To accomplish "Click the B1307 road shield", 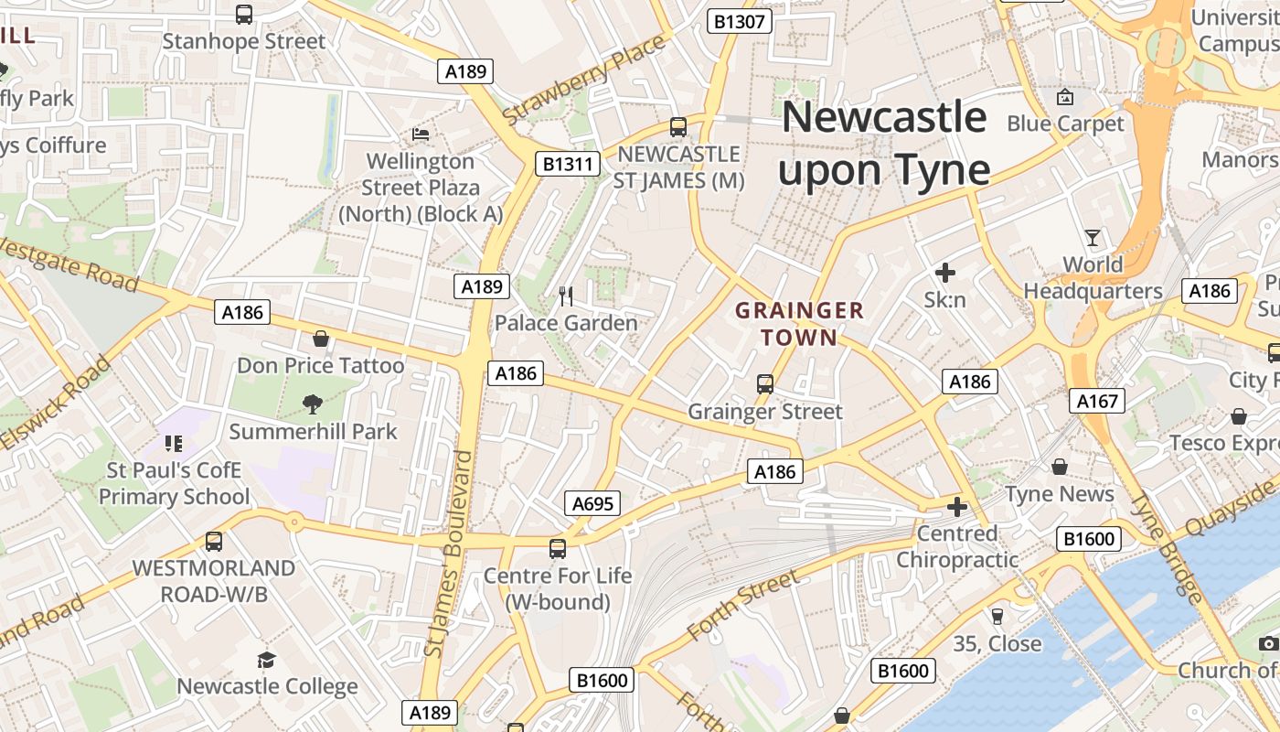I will coord(740,21).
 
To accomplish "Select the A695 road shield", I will coord(592,503).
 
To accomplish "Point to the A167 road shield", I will coord(1096,401).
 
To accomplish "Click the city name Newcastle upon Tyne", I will coord(884,144).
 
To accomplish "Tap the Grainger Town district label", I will coord(799,324).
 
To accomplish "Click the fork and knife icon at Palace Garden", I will coord(566,296).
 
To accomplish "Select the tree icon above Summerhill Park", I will coord(313,404).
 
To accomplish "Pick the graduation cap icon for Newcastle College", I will coord(266,660).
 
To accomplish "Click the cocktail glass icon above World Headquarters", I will coord(1093,238).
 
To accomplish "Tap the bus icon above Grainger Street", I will coord(765,384).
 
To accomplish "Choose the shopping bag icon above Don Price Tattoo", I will coord(321,339).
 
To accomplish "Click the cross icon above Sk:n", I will coord(945,273).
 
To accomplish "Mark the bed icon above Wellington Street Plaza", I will coord(421,134).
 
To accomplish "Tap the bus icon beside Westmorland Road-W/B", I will coord(213,541).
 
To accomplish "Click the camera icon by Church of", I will coord(1268,644).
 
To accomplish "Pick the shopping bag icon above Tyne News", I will coord(1060,468).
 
